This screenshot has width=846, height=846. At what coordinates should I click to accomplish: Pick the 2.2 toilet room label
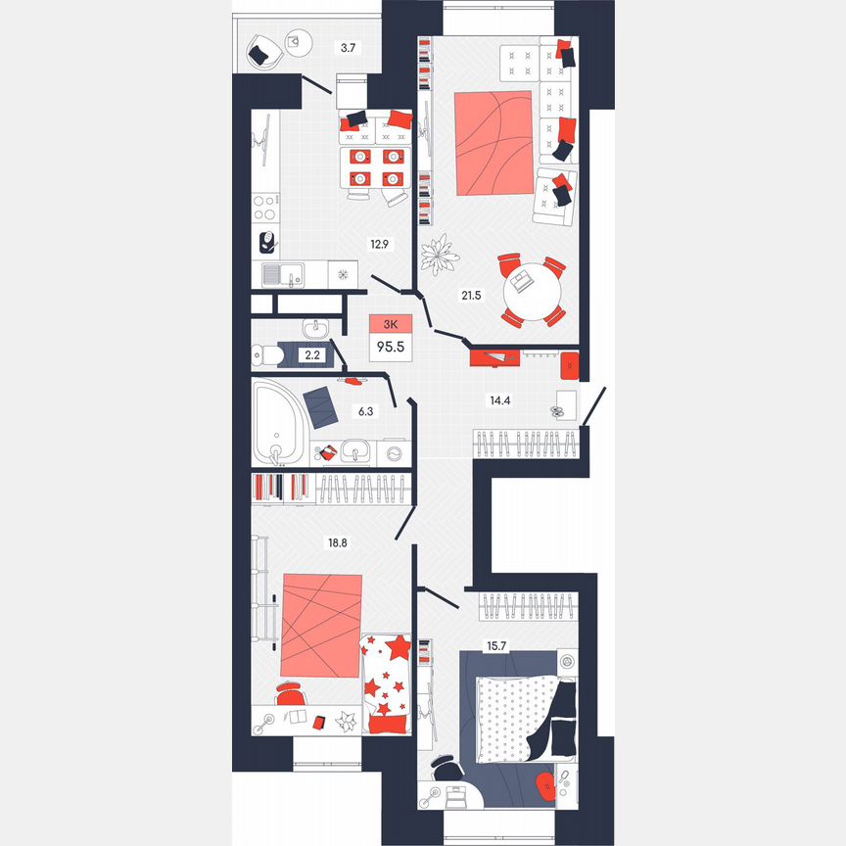pyautogui.click(x=313, y=355)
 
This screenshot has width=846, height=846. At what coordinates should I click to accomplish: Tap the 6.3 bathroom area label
pyautogui.click(x=365, y=411)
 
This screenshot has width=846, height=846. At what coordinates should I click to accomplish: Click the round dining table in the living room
pyautogui.click(x=532, y=291)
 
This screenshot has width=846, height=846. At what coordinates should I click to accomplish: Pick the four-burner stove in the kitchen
pyautogui.click(x=264, y=208)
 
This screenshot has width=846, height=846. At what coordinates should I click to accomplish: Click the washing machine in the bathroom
pyautogui.click(x=396, y=453)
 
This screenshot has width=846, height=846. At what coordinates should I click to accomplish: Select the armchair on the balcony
pyautogui.click(x=262, y=53)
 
